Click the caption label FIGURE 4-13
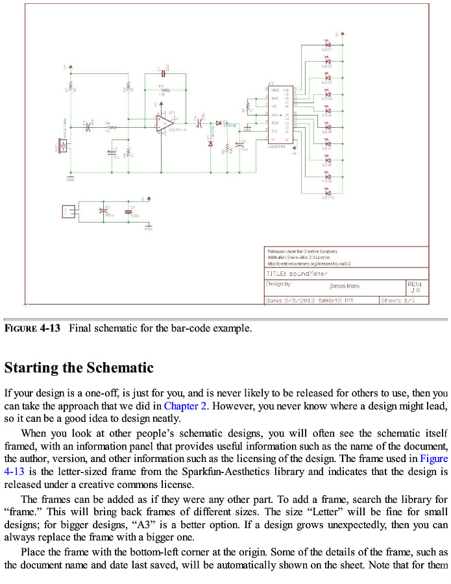pos(32,328)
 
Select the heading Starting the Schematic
pos(79,368)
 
